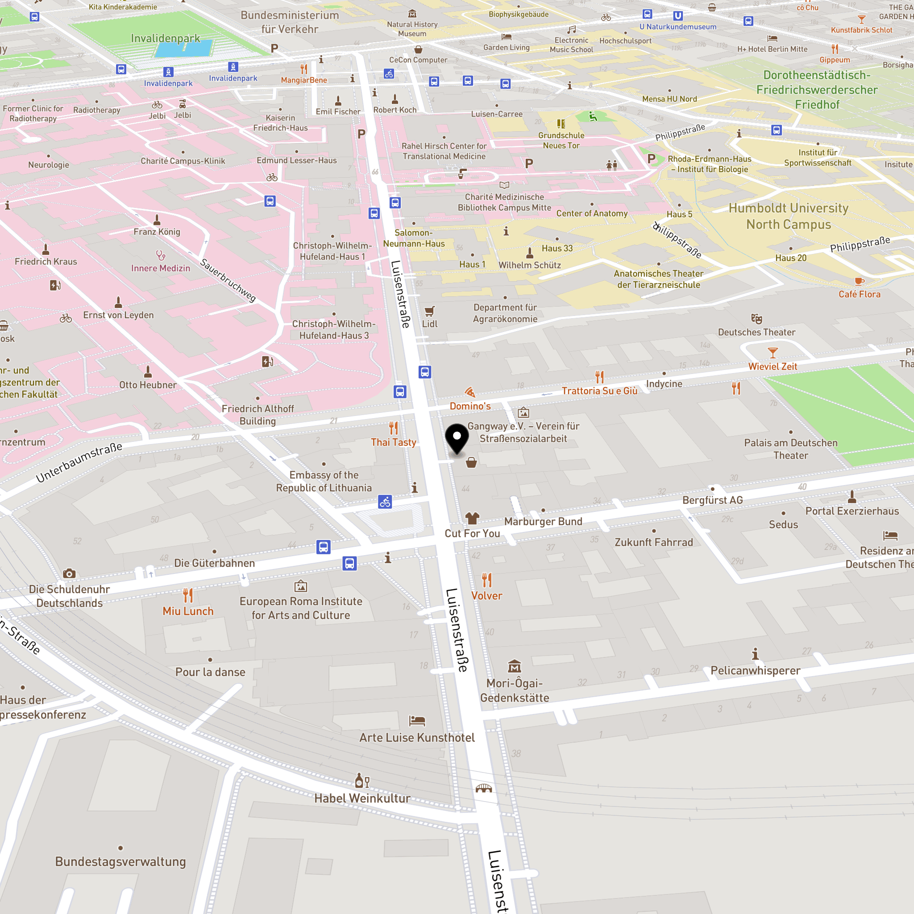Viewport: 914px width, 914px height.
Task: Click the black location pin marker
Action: [x=457, y=438]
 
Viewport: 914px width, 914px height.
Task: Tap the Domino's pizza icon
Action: [x=470, y=392]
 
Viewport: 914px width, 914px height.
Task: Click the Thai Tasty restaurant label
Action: [x=393, y=442]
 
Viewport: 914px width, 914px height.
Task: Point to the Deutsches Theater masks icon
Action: [x=756, y=318]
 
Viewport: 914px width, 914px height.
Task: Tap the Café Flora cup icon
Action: [x=859, y=282]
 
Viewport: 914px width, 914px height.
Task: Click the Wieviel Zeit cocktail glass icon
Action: [x=773, y=353]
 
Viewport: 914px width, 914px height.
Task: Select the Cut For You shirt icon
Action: [x=472, y=519]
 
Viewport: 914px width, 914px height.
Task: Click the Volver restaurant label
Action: [x=486, y=596]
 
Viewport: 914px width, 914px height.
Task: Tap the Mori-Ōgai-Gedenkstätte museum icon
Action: [x=514, y=667]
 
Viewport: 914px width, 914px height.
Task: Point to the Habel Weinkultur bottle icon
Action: [x=362, y=781]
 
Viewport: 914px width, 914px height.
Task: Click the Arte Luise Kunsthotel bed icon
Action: [x=417, y=720]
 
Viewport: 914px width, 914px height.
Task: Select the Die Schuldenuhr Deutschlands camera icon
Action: [x=69, y=573]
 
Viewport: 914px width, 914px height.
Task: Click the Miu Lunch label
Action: [x=188, y=611]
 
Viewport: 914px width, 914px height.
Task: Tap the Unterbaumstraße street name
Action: [x=79, y=462]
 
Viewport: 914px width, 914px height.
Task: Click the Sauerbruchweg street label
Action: [x=228, y=280]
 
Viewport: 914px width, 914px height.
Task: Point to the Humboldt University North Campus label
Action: [x=788, y=216]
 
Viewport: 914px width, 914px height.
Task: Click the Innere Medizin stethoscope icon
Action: [x=161, y=255]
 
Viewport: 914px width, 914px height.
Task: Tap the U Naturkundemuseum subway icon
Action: [x=677, y=16]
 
